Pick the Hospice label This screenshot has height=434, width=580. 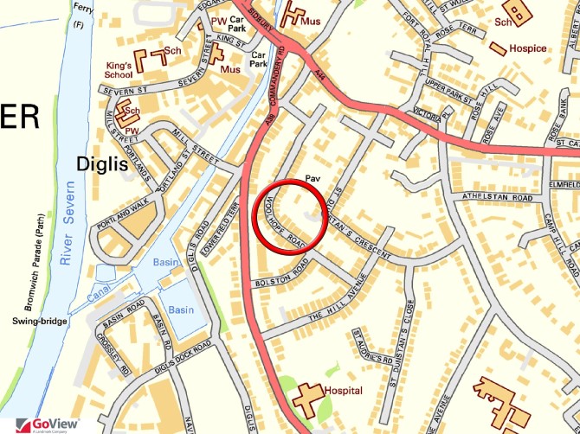click(528, 48)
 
